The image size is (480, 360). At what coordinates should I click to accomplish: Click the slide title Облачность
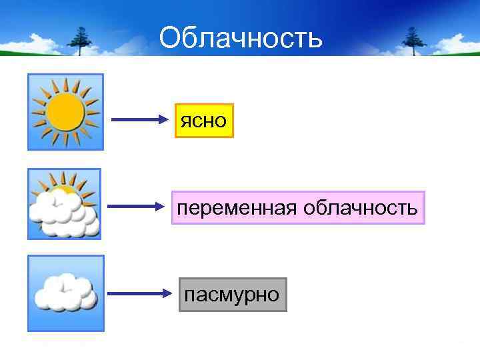point(241,39)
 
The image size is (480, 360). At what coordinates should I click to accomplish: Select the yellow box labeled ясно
point(204,121)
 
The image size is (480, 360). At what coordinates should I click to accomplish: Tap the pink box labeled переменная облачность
point(298,208)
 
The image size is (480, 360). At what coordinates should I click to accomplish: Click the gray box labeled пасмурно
point(233,295)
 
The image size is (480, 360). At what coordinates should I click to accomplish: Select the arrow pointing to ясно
point(140,120)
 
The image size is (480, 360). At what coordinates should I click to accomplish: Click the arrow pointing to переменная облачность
point(140,207)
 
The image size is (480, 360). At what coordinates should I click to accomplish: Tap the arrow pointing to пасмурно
point(140,293)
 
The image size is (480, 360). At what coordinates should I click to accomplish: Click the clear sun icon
point(65,111)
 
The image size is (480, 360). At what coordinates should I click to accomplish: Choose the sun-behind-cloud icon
point(65,203)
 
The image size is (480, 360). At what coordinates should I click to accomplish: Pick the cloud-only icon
point(65,293)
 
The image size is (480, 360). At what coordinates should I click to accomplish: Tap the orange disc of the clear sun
point(65,111)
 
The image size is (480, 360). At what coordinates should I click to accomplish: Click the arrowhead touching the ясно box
point(167,120)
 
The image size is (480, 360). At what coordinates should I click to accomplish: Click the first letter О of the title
point(169,39)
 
